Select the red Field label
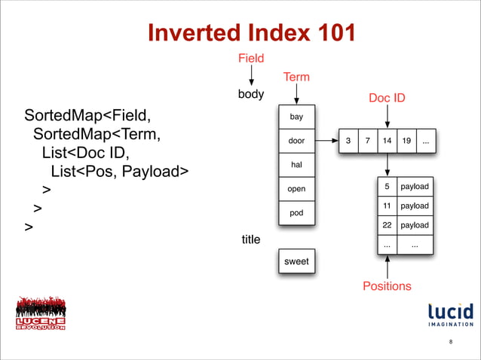pyautogui.click(x=251, y=58)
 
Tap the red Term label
pyautogui.click(x=296, y=77)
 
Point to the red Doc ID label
pyautogui.click(x=387, y=98)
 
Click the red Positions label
pyautogui.click(x=387, y=286)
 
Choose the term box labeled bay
pyautogui.click(x=296, y=117)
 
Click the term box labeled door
pyautogui.click(x=296, y=141)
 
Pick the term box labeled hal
pyautogui.click(x=296, y=164)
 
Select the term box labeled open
pyautogui.click(x=296, y=188)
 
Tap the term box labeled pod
pyautogui.click(x=296, y=212)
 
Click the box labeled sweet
pyautogui.click(x=296, y=261)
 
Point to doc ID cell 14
pyautogui.click(x=387, y=141)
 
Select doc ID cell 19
pyautogui.click(x=406, y=141)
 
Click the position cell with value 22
pyautogui.click(x=387, y=225)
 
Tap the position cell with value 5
pyautogui.click(x=387, y=186)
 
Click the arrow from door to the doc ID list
pyautogui.click(x=326, y=141)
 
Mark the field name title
pyautogui.click(x=250, y=239)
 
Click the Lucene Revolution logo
pyautogui.click(x=41, y=315)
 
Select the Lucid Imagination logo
pyautogui.click(x=450, y=316)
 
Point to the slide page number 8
pyautogui.click(x=450, y=343)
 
